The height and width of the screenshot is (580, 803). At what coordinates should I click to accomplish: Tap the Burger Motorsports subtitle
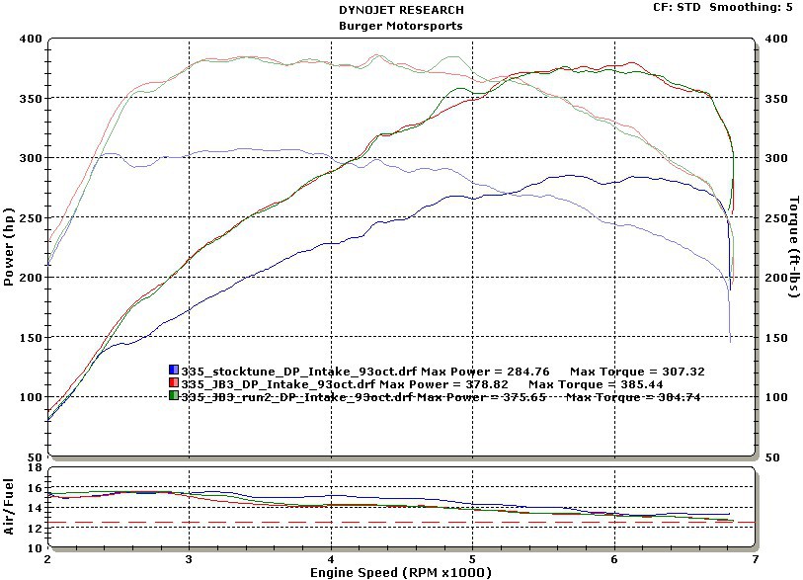(x=400, y=26)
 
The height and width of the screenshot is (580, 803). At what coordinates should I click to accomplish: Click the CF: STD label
(x=679, y=7)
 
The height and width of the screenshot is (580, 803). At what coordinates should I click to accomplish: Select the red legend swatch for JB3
(x=175, y=383)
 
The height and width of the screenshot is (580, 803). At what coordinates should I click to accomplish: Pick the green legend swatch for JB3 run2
(x=175, y=396)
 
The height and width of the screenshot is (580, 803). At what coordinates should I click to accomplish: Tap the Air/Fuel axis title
(x=9, y=507)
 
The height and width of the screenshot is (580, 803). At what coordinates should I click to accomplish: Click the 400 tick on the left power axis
(x=31, y=39)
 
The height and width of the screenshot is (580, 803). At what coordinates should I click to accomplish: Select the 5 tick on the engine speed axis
(x=472, y=558)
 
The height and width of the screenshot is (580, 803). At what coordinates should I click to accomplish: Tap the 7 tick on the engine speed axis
(x=756, y=558)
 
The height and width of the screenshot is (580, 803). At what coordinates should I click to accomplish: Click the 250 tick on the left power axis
(x=31, y=218)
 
